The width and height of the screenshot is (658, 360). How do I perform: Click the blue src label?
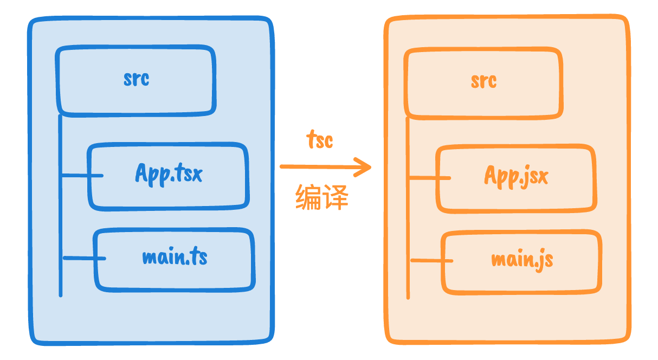click(136, 79)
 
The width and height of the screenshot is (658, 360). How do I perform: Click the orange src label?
click(483, 81)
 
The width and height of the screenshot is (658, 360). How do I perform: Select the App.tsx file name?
click(169, 173)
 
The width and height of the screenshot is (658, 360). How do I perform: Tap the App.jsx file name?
click(516, 176)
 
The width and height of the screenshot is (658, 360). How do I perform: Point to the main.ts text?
click(175, 257)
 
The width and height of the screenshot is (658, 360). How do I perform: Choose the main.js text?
click(522, 260)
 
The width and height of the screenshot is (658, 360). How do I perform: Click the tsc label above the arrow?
click(320, 140)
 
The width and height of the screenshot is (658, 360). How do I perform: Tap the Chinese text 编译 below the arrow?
click(321, 197)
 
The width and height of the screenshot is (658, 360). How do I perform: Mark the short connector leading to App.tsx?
click(81, 175)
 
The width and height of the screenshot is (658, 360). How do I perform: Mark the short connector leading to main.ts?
click(84, 258)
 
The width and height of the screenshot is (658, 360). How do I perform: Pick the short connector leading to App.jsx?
click(429, 177)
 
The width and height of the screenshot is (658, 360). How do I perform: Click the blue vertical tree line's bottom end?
click(60, 294)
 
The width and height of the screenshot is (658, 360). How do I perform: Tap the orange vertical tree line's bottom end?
click(408, 297)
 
